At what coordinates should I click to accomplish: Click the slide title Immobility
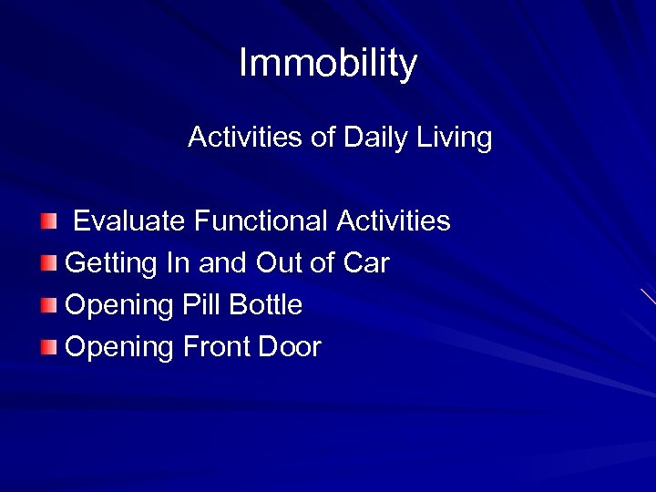click(x=328, y=64)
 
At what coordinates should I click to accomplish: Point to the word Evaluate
click(x=130, y=221)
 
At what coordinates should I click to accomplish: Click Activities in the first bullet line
click(x=394, y=221)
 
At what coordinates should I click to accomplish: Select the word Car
click(x=366, y=263)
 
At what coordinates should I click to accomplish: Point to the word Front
click(x=217, y=347)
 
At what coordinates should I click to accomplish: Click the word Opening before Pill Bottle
click(x=120, y=305)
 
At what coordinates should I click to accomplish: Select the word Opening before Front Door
click(x=120, y=347)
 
